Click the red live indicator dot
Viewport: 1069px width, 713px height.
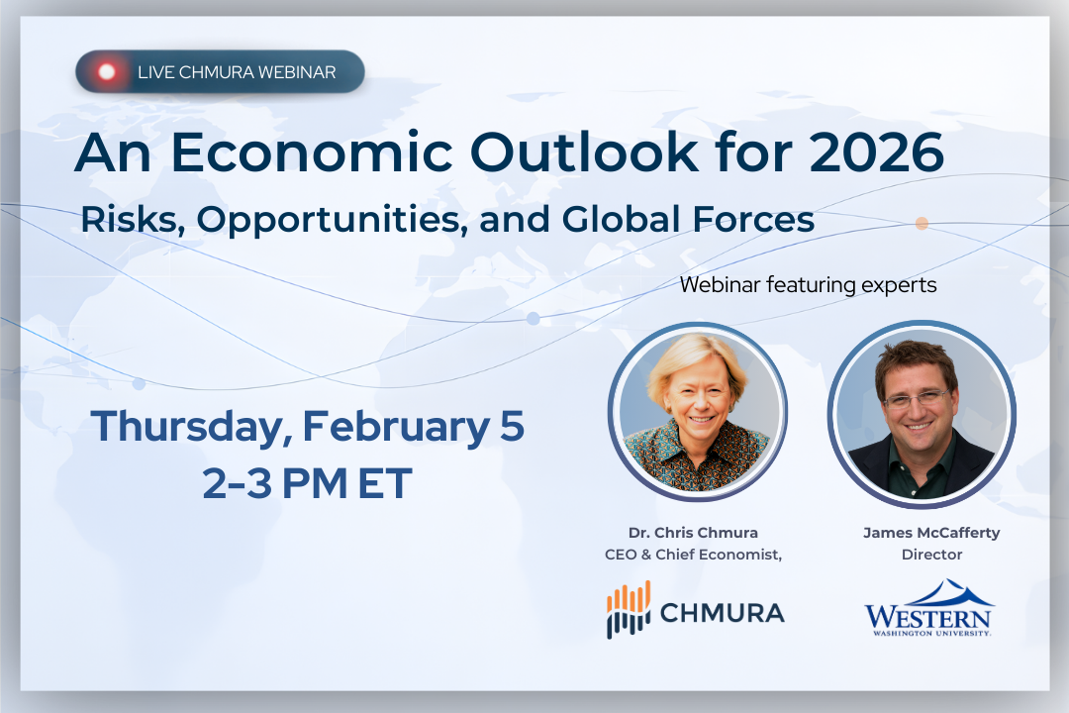pos(107,71)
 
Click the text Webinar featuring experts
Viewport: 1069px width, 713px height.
pos(808,285)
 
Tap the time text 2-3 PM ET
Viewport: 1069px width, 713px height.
pos(307,484)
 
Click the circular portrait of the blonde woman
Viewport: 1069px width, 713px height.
pos(697,409)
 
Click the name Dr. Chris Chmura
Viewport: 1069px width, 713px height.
pos(693,533)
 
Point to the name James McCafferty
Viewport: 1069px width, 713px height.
pos(931,533)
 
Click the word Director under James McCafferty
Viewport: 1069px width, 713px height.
pos(931,555)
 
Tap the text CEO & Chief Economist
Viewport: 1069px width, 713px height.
pos(693,555)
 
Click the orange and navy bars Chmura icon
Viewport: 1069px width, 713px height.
pos(629,610)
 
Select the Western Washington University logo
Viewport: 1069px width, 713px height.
pos(928,608)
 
